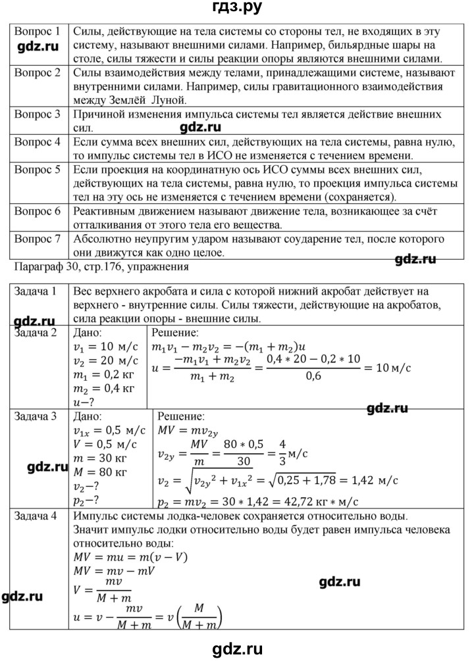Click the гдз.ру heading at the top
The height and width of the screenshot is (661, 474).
236,9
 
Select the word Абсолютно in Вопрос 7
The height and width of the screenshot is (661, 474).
102,239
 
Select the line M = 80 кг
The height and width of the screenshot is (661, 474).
99,471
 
